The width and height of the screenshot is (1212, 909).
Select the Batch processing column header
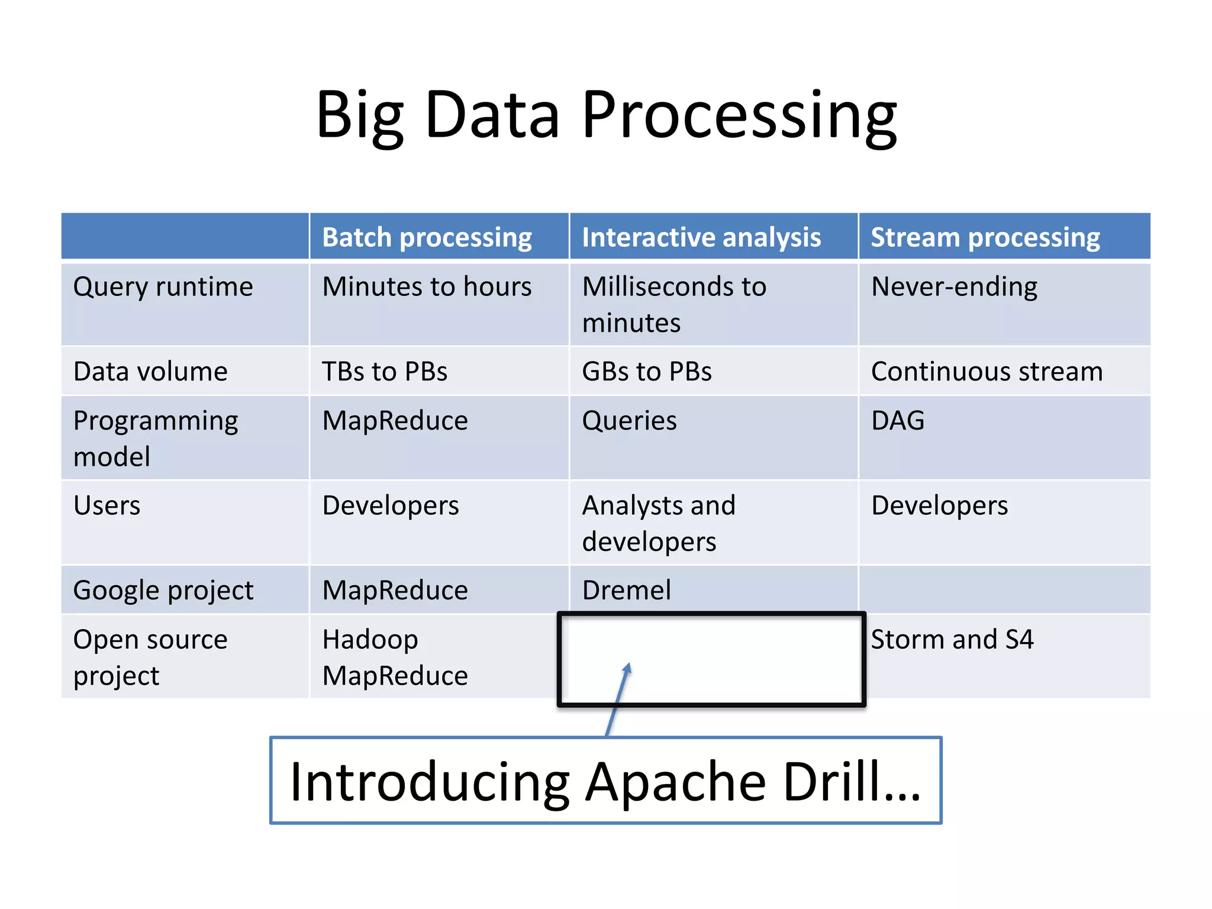coord(427,237)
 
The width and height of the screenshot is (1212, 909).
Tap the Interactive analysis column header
coord(701,237)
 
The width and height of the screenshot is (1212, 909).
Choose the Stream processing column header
coord(985,237)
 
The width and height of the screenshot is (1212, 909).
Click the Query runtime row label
coord(163,287)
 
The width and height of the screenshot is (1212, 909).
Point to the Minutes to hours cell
coord(427,287)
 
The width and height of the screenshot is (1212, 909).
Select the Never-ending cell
coord(954,287)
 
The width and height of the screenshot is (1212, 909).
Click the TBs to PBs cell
coord(385,372)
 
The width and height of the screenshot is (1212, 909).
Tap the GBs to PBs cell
coord(647,372)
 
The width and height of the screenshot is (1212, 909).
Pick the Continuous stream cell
coord(987,372)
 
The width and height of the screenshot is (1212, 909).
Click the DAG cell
coord(898,421)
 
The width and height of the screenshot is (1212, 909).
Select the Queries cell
coord(629,421)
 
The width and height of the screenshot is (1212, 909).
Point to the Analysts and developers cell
coord(659,523)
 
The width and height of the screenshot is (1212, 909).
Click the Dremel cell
coord(627,590)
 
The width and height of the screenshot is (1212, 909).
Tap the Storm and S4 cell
coord(952,640)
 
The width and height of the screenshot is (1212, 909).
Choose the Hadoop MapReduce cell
coord(395,657)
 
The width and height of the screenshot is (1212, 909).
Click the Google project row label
coord(163,590)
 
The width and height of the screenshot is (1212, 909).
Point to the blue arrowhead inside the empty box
coord(628,668)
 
